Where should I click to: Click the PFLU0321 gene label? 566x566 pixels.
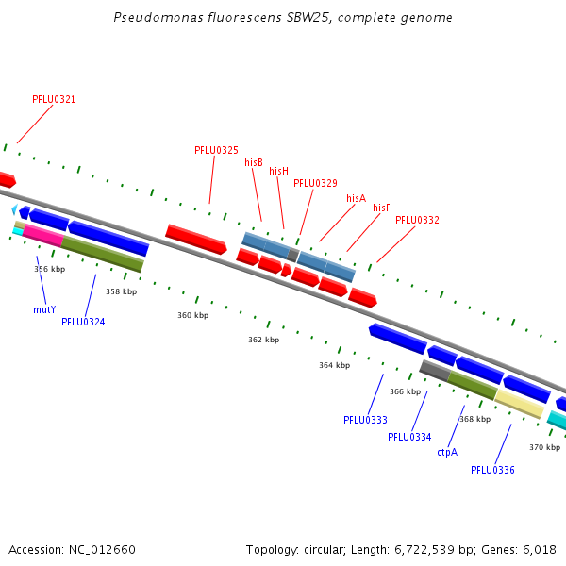[54, 99]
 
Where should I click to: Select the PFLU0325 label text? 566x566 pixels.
[216, 150]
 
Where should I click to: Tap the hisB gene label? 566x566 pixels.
[254, 162]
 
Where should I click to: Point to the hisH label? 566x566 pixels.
[278, 171]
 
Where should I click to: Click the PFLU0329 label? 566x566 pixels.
[315, 183]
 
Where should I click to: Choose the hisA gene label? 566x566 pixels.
[356, 198]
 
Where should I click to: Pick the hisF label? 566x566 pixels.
[381, 208]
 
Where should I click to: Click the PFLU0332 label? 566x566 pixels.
[417, 220]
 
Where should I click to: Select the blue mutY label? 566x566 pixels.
[44, 309]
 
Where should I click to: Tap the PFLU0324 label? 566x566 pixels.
[83, 322]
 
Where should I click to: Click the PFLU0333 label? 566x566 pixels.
[365, 420]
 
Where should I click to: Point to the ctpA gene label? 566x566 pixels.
[447, 452]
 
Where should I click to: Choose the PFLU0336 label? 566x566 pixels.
[492, 470]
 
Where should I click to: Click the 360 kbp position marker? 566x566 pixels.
[192, 315]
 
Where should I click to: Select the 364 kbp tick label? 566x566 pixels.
[334, 365]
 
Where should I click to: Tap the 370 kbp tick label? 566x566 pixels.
[544, 447]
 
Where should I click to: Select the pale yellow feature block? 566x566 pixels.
[518, 404]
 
